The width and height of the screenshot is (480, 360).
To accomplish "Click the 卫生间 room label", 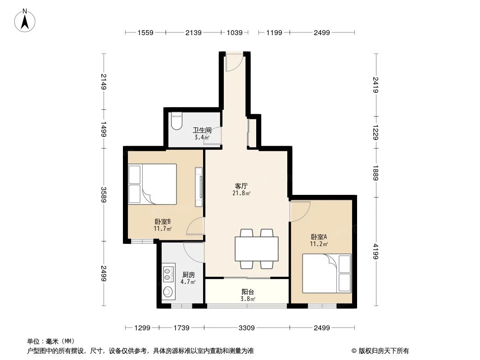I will click(202, 130).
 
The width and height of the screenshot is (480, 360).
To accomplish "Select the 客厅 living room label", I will click(241, 185).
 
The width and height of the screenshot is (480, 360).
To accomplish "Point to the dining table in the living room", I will click(256, 248).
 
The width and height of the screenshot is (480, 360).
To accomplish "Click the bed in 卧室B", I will click(152, 184).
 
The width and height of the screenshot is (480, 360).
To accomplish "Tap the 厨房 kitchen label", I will click(188, 274).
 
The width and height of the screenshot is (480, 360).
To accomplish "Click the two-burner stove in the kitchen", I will click(168, 271).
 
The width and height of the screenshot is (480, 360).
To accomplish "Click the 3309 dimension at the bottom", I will click(246, 328).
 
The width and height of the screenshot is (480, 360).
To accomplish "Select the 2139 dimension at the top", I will click(193, 32).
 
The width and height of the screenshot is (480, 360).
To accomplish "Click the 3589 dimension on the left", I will click(104, 195).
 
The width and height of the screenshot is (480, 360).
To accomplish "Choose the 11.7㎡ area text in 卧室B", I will click(162, 229).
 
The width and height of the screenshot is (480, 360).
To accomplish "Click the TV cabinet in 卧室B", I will click(199, 187).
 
